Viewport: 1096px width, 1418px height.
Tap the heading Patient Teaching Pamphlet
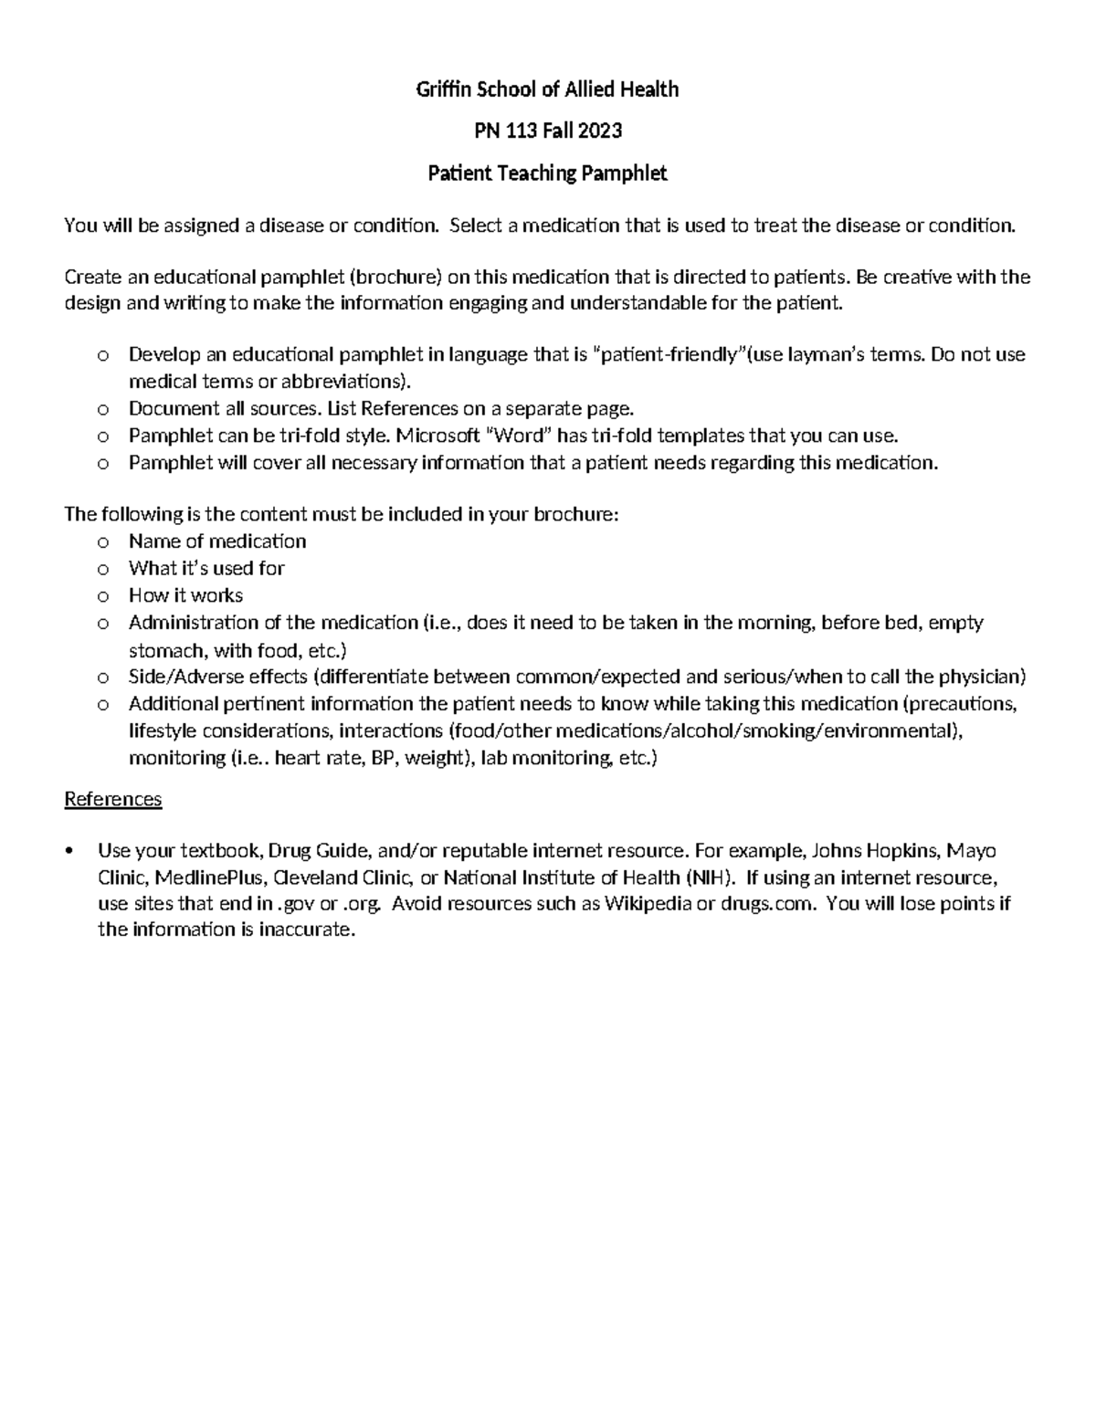[547, 173]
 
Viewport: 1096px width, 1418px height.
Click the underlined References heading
[112, 799]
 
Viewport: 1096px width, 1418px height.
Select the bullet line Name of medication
[217, 541]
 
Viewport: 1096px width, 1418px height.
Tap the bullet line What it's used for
[206, 568]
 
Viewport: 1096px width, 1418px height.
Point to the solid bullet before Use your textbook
[69, 852]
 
